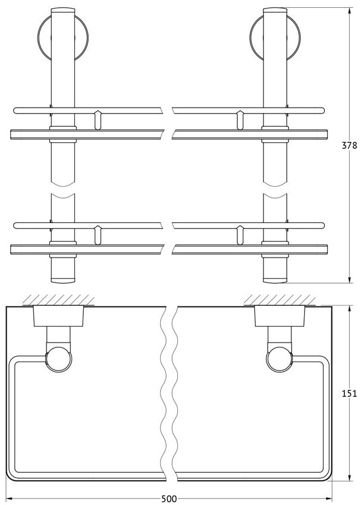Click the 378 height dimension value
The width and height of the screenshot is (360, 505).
[349, 145]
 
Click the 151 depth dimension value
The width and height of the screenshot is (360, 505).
[349, 393]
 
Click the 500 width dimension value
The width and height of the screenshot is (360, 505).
[169, 499]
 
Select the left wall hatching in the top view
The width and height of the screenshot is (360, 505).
[58, 300]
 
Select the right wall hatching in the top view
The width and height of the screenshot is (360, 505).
[280, 300]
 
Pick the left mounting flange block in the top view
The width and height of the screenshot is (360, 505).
[58, 316]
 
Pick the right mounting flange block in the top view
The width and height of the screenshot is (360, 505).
[280, 316]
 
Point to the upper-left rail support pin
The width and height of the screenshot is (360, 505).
[98, 120]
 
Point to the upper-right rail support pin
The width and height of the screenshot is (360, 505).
[240, 120]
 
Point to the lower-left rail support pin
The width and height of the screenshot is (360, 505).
[98, 235]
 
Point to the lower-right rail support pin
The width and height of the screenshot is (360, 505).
[240, 235]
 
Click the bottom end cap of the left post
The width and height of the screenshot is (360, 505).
[63, 280]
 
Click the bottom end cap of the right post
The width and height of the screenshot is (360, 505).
[275, 280]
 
